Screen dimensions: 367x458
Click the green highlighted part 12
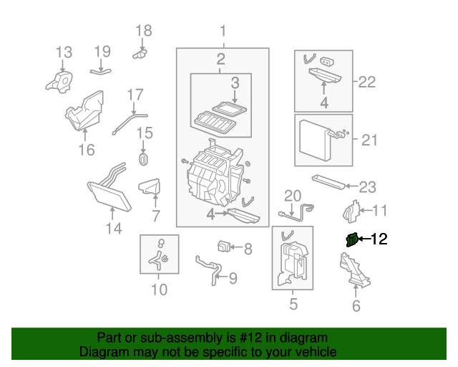(351, 240)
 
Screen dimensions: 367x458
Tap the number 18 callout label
(144, 30)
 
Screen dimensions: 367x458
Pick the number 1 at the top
(223, 31)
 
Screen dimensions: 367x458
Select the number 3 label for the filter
(234, 84)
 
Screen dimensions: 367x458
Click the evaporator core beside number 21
(316, 138)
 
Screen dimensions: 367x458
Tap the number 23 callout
(366, 187)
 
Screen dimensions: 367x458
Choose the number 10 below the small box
(159, 290)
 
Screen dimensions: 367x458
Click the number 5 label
(293, 305)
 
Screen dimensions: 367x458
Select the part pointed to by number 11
(349, 211)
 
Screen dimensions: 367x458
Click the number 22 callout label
(366, 82)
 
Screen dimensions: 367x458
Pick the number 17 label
(136, 95)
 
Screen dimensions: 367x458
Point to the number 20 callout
(293, 196)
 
